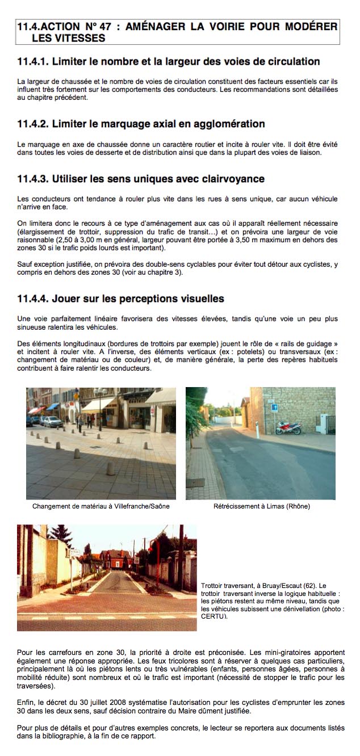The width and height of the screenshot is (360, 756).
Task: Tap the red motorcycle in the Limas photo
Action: [288, 427]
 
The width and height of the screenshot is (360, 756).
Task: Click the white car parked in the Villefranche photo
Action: [52, 421]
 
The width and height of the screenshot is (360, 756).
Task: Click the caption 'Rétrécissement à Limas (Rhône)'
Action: [261, 506]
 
